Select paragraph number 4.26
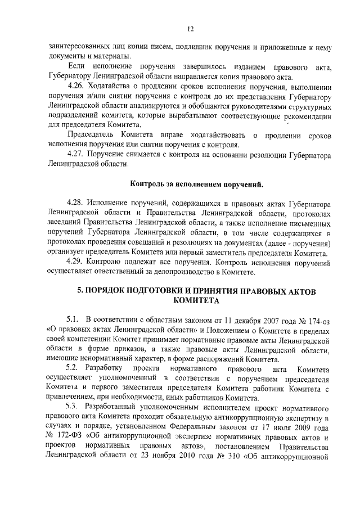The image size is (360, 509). (76, 88)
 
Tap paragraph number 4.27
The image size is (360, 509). (76, 154)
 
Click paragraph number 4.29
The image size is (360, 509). (76, 263)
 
